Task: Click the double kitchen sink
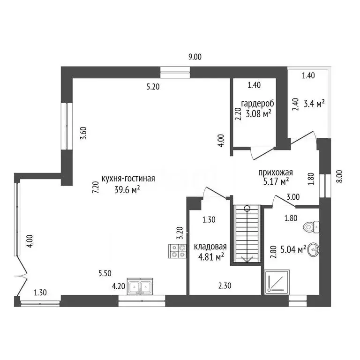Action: [139, 286]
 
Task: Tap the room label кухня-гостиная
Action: [125, 179]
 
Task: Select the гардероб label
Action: [257, 103]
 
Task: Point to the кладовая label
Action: [210, 247]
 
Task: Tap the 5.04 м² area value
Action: [293, 248]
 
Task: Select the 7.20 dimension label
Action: [95, 188]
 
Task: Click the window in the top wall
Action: [175, 72]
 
